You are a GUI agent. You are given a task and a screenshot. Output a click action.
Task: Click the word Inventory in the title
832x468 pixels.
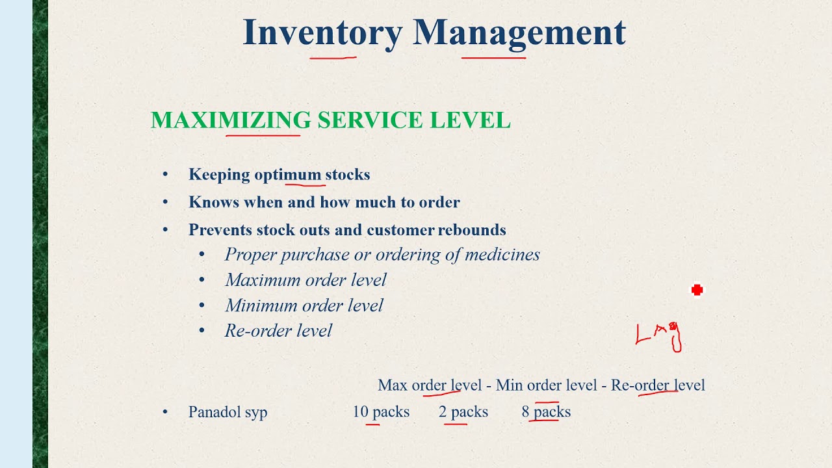pyautogui.click(x=322, y=32)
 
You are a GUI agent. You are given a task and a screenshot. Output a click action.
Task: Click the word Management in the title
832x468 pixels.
pyautogui.click(x=519, y=32)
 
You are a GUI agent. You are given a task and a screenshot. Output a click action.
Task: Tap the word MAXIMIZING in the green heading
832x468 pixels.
pyautogui.click(x=231, y=121)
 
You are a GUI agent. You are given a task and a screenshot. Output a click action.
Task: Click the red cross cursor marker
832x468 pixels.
pyautogui.click(x=697, y=290)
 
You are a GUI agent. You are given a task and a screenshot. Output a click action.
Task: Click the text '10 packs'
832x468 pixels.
pyautogui.click(x=381, y=412)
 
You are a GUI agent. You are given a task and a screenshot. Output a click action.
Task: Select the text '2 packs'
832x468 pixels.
pyautogui.click(x=463, y=412)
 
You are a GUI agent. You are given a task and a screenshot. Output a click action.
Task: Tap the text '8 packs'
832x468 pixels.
pyautogui.click(x=546, y=412)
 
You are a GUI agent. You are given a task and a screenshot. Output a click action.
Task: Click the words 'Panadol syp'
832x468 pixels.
pyautogui.click(x=227, y=412)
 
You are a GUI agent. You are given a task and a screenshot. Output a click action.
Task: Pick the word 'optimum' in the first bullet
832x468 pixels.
pyautogui.click(x=287, y=175)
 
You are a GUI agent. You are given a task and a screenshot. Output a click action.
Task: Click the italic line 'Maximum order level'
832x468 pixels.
pyautogui.click(x=305, y=280)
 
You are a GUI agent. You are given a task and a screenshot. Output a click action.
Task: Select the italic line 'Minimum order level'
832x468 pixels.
pyautogui.click(x=304, y=305)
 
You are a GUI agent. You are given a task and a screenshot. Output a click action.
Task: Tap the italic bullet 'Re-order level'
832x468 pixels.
pyautogui.click(x=278, y=331)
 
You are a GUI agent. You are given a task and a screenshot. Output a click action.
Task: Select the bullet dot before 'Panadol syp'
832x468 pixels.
pyautogui.click(x=165, y=411)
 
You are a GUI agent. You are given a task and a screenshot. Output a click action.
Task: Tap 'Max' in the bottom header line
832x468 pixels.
pyautogui.click(x=392, y=385)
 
